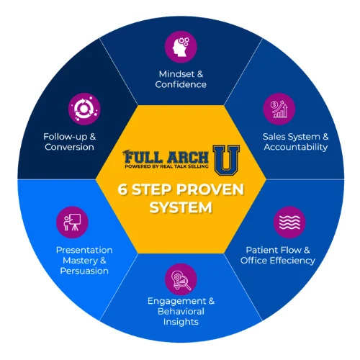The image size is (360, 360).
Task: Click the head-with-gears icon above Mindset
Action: coord(181,47)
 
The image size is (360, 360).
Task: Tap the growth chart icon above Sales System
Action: coord(279,109)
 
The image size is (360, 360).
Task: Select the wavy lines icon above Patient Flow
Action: coord(289,222)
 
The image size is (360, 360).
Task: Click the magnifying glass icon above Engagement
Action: coord(181,279)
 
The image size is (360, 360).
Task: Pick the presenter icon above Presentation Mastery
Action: coord(72,222)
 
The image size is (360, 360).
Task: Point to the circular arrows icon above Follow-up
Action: coord(84,109)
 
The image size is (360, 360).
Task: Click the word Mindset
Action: coord(177,74)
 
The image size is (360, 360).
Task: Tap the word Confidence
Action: coord(181,84)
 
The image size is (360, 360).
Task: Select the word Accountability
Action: coord(296,147)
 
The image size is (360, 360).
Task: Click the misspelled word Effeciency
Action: coord(296,261)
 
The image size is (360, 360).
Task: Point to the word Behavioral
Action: coord(181,311)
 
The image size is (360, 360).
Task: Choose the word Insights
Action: coord(181,322)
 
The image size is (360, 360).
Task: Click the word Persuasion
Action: coord(84,271)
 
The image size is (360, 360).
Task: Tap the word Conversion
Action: coord(69,147)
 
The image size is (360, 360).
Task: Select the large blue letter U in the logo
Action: coord(227,160)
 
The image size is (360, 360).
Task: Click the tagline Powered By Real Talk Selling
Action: coord(166,166)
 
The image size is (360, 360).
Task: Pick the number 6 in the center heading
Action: coord(122,189)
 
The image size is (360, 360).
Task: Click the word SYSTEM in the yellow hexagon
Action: coord(181,207)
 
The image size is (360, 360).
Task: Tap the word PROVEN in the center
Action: coord(210,189)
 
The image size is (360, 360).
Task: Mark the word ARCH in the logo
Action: coord(188,158)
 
